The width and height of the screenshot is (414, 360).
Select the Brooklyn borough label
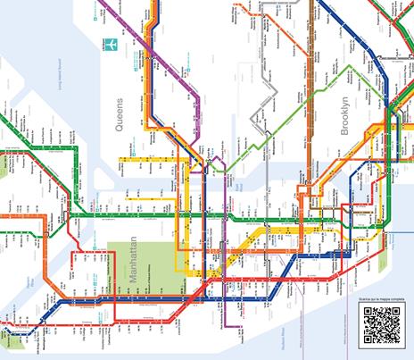pyautogui.click(x=346, y=117)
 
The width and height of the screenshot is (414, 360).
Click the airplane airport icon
pyautogui.click(x=112, y=45)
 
